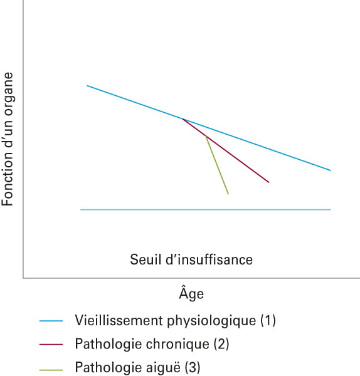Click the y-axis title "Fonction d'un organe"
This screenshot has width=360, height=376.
[7, 139]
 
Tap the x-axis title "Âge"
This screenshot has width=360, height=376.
[191, 293]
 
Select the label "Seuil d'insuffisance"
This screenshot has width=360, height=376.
[191, 259]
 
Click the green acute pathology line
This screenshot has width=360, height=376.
[217, 165]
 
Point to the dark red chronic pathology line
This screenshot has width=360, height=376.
[226, 150]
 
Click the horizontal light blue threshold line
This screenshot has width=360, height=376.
[206, 209]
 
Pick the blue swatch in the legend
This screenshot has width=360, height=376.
[51, 321]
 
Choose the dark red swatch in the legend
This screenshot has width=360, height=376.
[51, 344]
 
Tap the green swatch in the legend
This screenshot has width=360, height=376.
[51, 370]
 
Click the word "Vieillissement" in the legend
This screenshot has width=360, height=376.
[119, 320]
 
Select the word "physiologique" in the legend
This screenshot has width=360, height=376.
[211, 321]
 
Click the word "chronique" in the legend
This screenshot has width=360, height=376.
[177, 344]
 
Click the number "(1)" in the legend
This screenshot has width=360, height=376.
[268, 321]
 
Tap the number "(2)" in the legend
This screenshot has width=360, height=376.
[221, 344]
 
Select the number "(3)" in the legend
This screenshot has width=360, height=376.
[193, 367]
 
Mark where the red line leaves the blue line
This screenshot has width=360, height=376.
[182, 118]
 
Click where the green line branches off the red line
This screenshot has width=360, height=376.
[206, 136]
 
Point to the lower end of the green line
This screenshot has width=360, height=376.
[228, 194]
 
